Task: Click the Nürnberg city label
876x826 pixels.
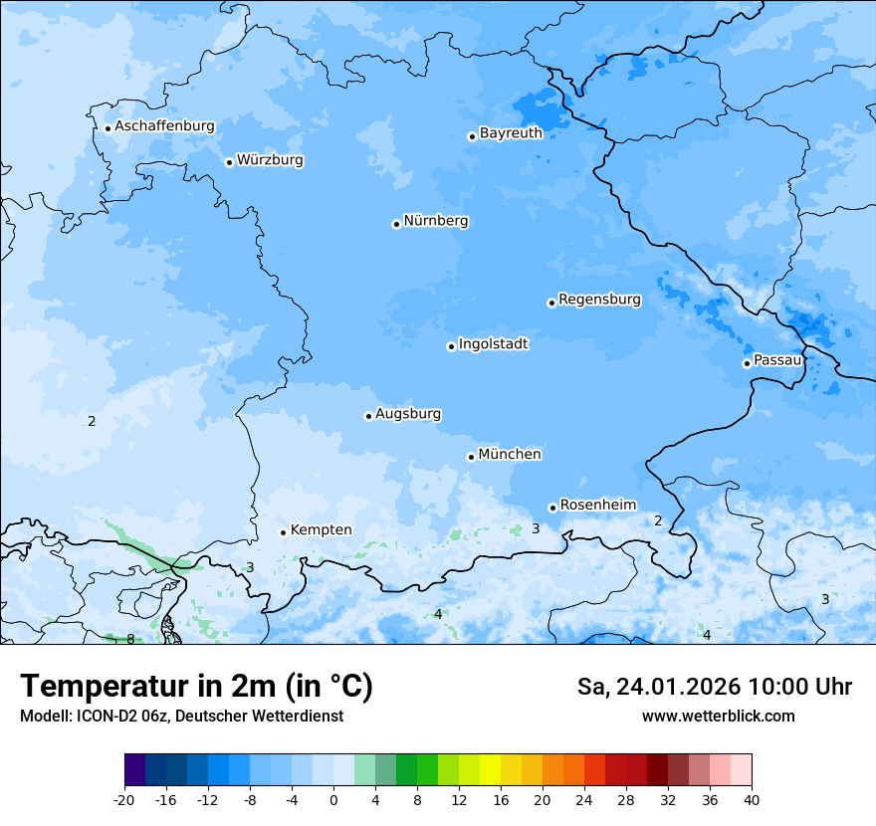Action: (x=436, y=221)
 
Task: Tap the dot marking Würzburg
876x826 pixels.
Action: (x=229, y=162)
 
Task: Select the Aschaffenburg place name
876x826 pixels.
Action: (x=164, y=126)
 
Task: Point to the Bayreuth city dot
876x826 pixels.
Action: (x=472, y=136)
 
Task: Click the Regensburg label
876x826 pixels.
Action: (x=599, y=300)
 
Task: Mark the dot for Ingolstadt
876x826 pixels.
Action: (x=451, y=346)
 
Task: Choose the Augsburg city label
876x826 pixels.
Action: (x=408, y=414)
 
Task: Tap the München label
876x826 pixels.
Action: (x=510, y=455)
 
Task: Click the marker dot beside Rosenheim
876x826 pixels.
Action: (x=552, y=508)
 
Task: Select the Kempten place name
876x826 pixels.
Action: (x=321, y=530)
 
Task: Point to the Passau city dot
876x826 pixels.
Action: (x=747, y=363)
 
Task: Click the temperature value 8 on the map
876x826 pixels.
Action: (x=130, y=639)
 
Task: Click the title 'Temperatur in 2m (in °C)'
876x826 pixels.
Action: (x=196, y=687)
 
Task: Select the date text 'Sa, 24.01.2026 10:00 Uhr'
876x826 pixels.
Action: (x=714, y=687)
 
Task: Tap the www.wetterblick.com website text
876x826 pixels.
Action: (x=718, y=716)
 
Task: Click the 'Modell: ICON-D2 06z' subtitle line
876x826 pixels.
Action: (x=181, y=716)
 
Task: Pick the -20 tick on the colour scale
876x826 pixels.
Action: (x=124, y=799)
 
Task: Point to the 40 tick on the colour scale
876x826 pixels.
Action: (x=752, y=799)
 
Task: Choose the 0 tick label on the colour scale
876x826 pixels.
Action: (x=333, y=799)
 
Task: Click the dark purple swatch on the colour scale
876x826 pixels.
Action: (x=135, y=770)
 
